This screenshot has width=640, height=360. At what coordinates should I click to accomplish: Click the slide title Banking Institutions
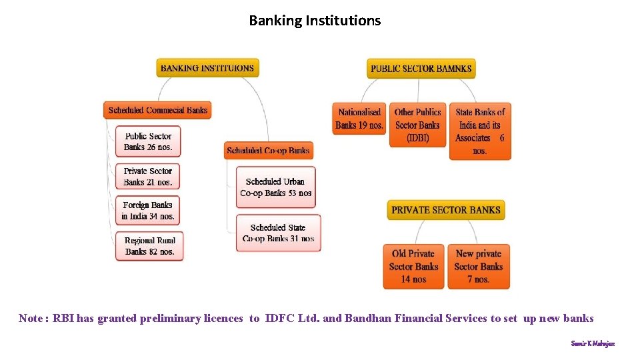click(315, 21)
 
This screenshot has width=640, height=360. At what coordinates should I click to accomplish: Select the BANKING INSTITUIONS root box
click(207, 68)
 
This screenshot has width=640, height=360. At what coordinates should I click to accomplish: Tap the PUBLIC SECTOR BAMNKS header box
click(421, 68)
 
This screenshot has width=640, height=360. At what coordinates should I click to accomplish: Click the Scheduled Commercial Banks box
click(157, 110)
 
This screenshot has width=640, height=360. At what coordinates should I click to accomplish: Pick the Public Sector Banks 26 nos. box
click(148, 141)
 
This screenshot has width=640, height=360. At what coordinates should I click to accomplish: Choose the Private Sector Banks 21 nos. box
click(148, 176)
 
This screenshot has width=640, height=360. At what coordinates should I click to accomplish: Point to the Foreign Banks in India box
click(148, 210)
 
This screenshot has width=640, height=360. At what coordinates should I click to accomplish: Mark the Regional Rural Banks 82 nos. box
click(149, 245)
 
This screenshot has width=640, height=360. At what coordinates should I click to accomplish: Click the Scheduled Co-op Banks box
click(268, 151)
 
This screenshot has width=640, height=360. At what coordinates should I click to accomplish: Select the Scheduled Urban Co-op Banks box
click(275, 187)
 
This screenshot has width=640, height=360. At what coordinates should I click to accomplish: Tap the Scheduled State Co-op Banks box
click(278, 233)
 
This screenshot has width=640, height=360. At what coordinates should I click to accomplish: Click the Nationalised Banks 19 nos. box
click(359, 119)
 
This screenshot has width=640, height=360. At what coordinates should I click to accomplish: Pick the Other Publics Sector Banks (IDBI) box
click(417, 125)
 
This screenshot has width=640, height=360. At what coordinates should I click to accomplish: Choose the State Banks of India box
click(480, 131)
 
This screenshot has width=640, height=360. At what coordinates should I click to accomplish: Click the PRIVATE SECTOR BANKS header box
click(445, 210)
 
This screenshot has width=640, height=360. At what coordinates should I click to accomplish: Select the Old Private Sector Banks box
click(413, 266)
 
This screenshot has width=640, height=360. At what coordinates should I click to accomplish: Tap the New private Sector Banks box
click(479, 266)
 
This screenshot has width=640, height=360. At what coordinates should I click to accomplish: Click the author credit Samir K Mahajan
click(593, 343)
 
